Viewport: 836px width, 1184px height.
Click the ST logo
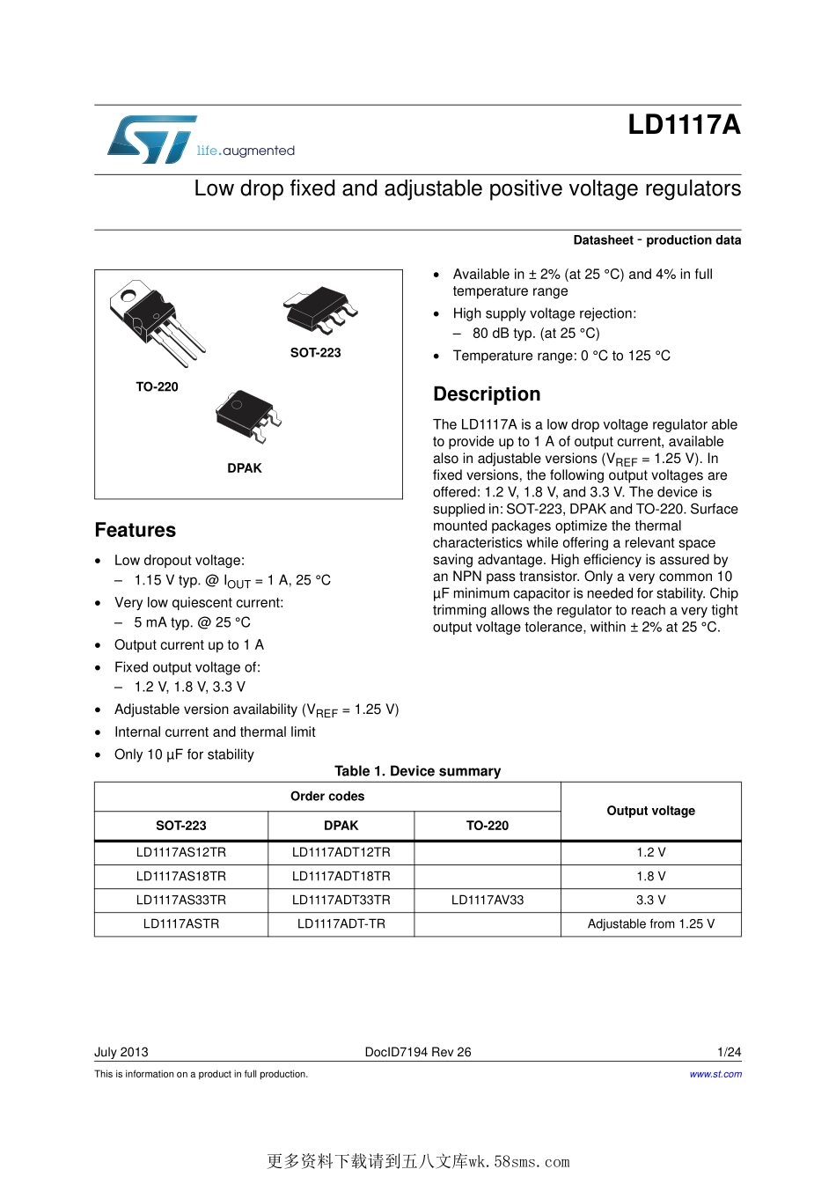pyautogui.click(x=151, y=139)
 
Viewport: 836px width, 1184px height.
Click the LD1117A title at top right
pyautogui.click(x=684, y=125)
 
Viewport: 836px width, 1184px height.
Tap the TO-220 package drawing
pyautogui.click(x=155, y=321)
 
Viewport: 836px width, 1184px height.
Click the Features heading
pyautogui.click(x=136, y=530)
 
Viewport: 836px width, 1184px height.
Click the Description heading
pyautogui.click(x=487, y=394)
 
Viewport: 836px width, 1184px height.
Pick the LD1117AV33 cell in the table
pyautogui.click(x=487, y=900)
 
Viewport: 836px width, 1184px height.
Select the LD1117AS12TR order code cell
pyautogui.click(x=181, y=852)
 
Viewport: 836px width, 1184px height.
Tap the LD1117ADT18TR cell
pyautogui.click(x=341, y=876)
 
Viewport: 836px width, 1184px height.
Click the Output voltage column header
pyautogui.click(x=650, y=811)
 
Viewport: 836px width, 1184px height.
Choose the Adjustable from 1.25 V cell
pyautogui.click(x=650, y=923)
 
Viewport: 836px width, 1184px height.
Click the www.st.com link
pyautogui.click(x=715, y=1074)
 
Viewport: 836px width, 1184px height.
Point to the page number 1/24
pyautogui.click(x=729, y=1052)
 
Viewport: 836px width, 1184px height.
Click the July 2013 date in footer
pyautogui.click(x=121, y=1052)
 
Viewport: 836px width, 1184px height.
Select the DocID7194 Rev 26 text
pyautogui.click(x=418, y=1052)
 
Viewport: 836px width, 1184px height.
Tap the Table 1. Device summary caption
pyautogui.click(x=417, y=771)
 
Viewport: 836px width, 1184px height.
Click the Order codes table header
pyautogui.click(x=327, y=796)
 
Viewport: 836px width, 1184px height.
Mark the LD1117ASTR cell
pyautogui.click(x=181, y=923)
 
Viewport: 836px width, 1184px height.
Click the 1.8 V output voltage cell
pyautogui.click(x=650, y=876)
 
